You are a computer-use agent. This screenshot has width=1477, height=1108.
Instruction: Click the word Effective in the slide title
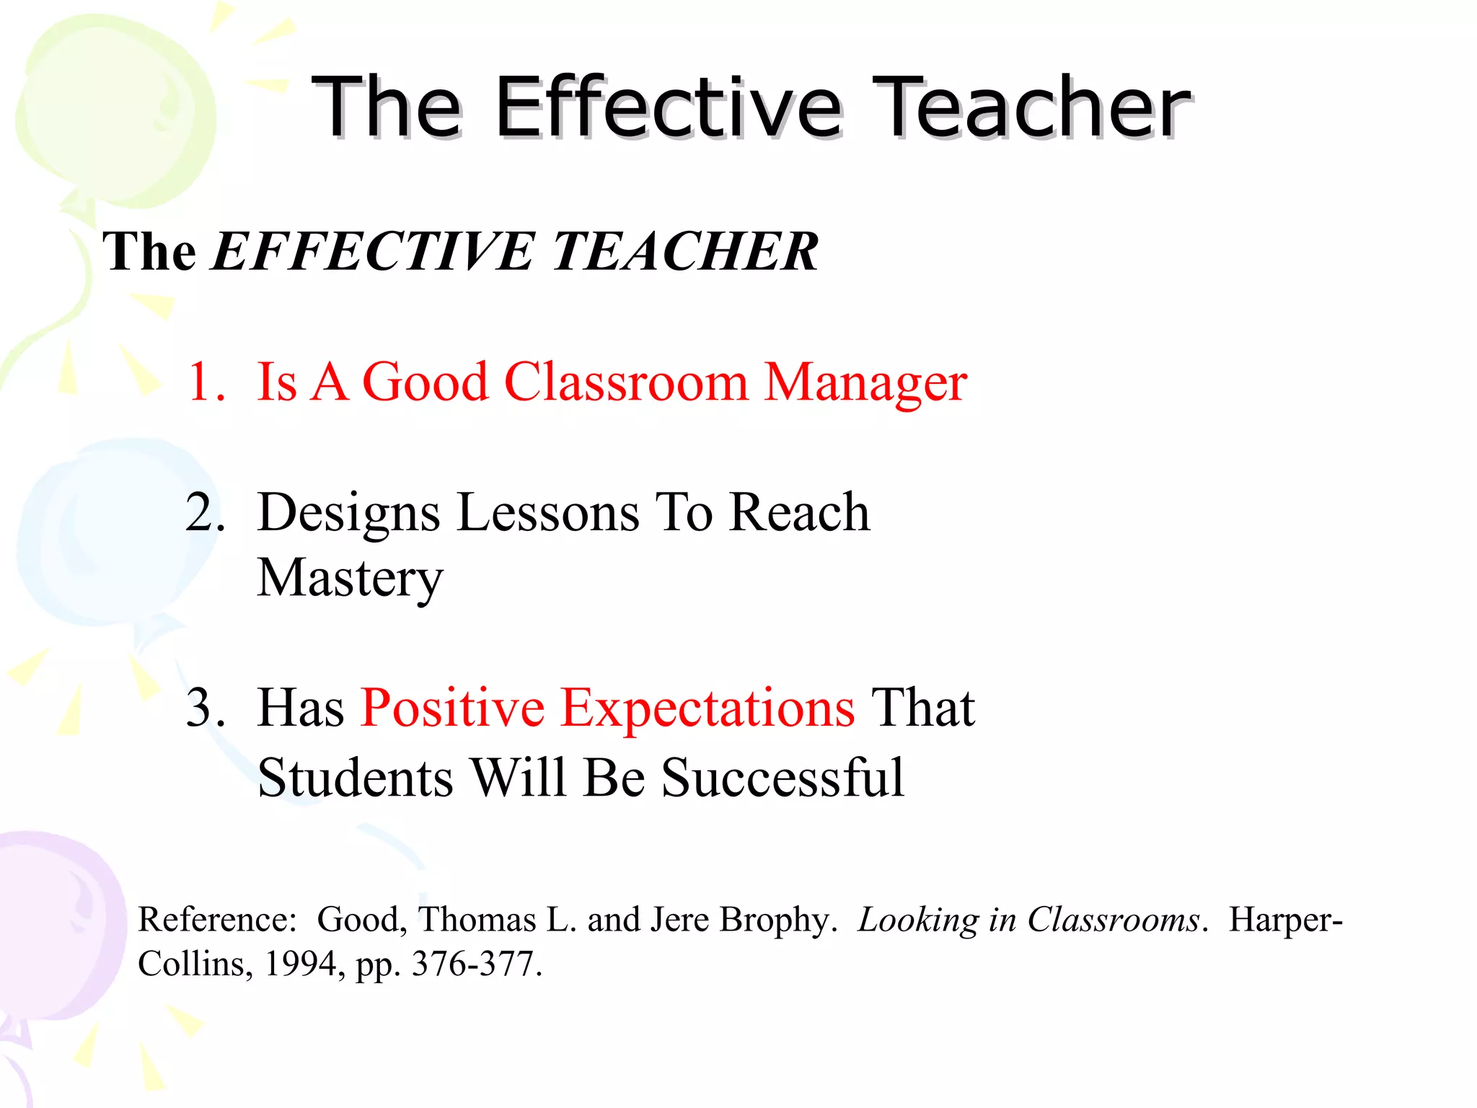pyautogui.click(x=668, y=108)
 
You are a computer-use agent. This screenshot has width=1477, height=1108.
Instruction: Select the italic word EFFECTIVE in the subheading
pyautogui.click(x=372, y=252)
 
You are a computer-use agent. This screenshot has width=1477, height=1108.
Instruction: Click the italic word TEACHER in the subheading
pyautogui.click(x=684, y=252)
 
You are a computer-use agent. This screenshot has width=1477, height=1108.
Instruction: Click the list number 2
pyautogui.click(x=205, y=512)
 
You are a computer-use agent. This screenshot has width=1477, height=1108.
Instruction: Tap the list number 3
pyautogui.click(x=205, y=708)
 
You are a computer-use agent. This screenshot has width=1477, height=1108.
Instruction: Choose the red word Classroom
pyautogui.click(x=626, y=382)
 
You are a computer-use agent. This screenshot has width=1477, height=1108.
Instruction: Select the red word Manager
pyautogui.click(x=865, y=383)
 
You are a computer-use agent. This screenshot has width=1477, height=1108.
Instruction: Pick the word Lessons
pyautogui.click(x=548, y=512)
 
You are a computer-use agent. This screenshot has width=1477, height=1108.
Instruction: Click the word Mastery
pyautogui.click(x=350, y=579)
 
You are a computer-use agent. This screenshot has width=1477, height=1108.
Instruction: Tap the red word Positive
pyautogui.click(x=452, y=708)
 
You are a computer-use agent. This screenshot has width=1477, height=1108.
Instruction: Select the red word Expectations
pyautogui.click(x=707, y=709)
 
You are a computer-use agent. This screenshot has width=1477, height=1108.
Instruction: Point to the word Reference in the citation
pyautogui.click(x=217, y=920)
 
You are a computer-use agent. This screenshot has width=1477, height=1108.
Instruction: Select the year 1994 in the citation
pyautogui.click(x=305, y=964)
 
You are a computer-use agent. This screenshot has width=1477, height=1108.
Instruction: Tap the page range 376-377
pyautogui.click(x=476, y=964)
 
